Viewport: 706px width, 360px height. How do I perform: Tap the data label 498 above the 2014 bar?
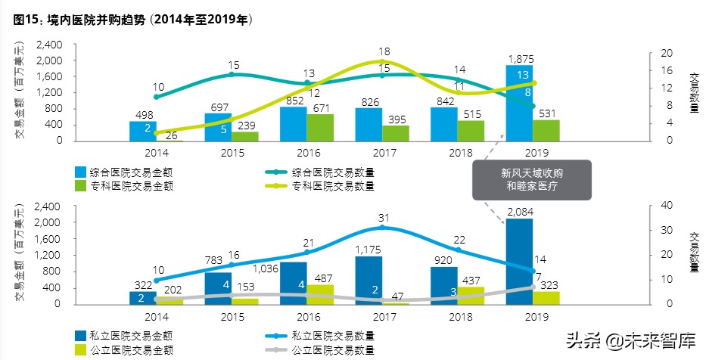[142, 114]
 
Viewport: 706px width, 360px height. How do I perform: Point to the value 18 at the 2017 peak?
[384, 50]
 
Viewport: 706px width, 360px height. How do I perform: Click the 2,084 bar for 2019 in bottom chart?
[519, 261]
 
